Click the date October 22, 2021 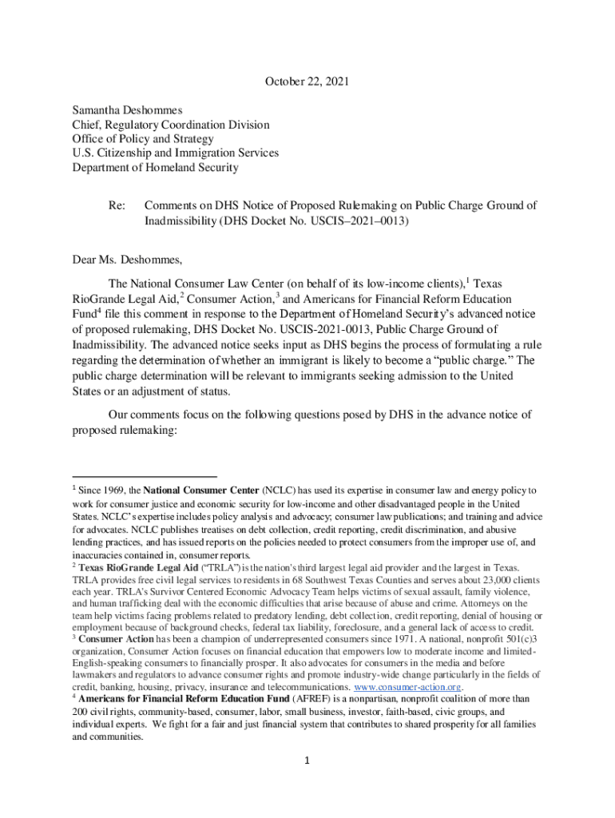tap(307, 81)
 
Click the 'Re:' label tap(117, 205)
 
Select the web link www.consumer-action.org tap(407, 687)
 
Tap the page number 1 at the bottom tap(307, 760)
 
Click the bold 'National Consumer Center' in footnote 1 tap(200, 490)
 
